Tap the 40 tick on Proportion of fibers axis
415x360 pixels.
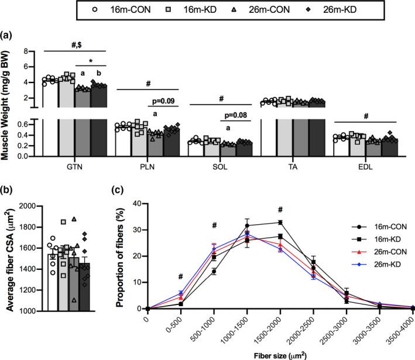pos(138,204)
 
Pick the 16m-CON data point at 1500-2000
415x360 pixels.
pos(282,222)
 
